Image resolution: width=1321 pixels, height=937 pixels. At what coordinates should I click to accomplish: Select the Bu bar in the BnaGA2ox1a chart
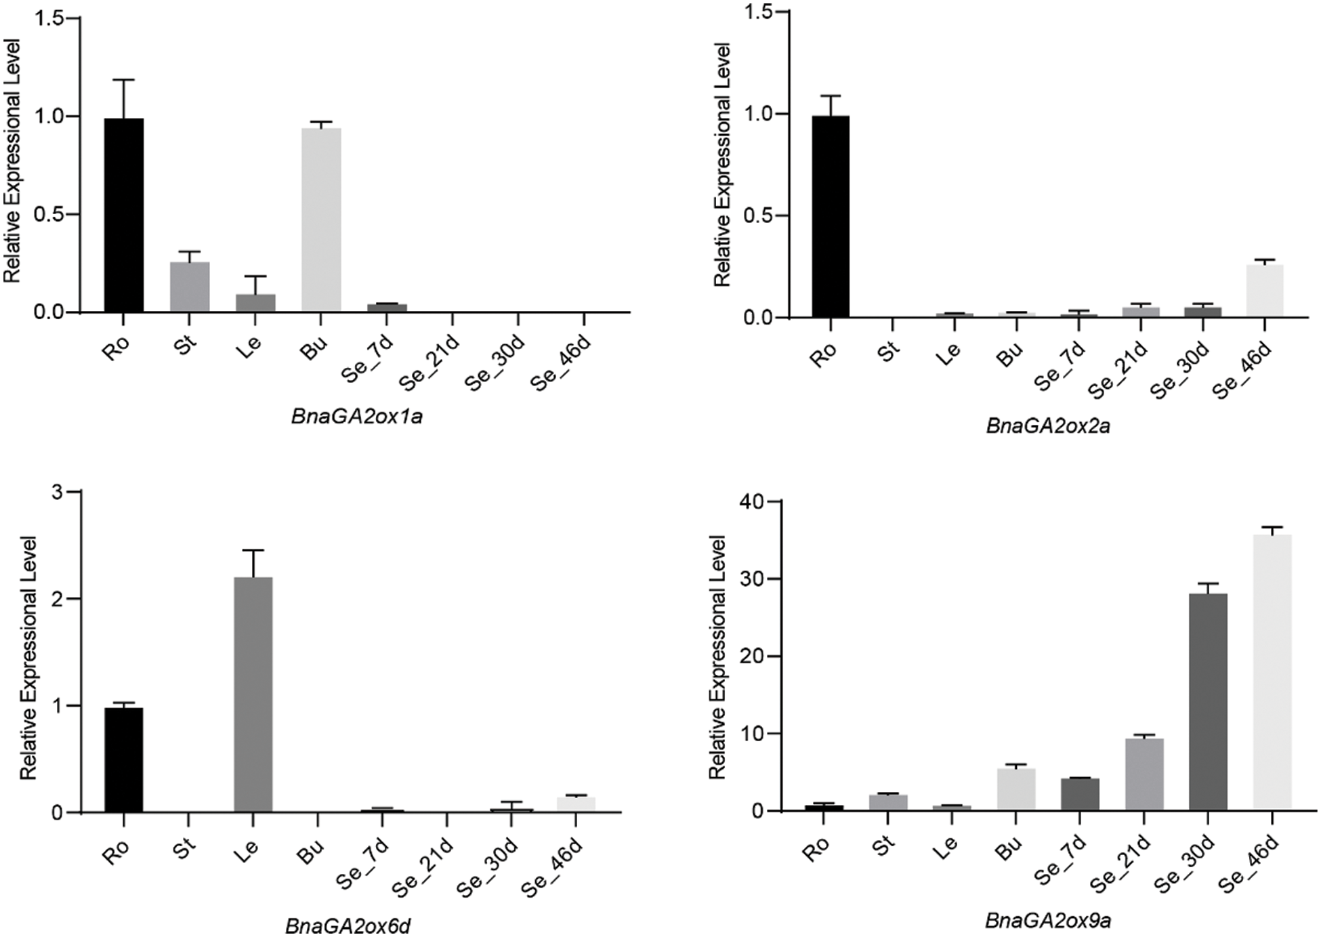click(x=321, y=220)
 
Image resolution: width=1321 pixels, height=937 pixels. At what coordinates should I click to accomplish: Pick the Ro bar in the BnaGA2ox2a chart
click(x=830, y=216)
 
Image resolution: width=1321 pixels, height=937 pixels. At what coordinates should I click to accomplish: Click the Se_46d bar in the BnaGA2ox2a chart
click(x=1264, y=291)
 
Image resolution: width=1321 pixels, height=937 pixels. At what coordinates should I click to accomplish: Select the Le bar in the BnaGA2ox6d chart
click(x=253, y=694)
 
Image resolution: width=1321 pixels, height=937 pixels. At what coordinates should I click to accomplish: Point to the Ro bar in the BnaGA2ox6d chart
click(x=123, y=759)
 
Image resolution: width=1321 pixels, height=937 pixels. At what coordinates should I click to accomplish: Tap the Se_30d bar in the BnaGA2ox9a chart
click(x=1207, y=702)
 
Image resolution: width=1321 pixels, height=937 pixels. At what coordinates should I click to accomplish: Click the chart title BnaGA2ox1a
click(x=357, y=416)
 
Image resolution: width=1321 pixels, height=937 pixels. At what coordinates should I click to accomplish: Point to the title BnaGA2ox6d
click(x=348, y=925)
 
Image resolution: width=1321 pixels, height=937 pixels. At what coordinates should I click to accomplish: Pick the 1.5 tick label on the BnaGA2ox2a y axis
click(x=759, y=12)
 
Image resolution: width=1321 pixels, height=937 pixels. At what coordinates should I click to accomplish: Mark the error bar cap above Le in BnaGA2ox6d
click(x=253, y=550)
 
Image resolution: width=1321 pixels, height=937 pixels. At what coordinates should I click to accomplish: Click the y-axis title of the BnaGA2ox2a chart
click(x=723, y=164)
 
